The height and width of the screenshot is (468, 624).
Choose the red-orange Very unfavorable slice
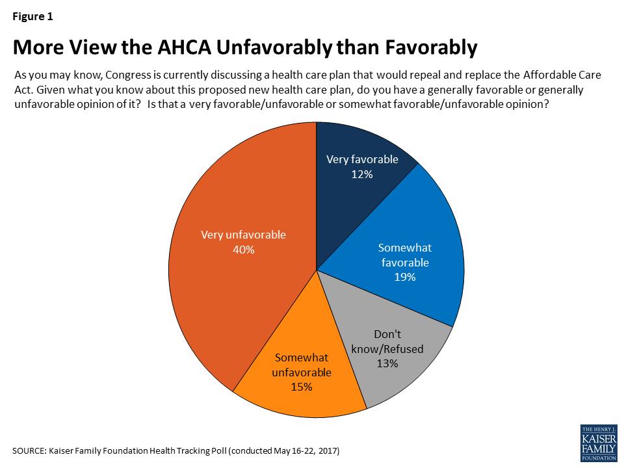234,273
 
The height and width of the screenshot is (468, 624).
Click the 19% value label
404,277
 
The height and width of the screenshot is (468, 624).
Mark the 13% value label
387,363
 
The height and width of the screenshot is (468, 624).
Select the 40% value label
242,249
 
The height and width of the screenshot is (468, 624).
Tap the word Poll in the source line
217,450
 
